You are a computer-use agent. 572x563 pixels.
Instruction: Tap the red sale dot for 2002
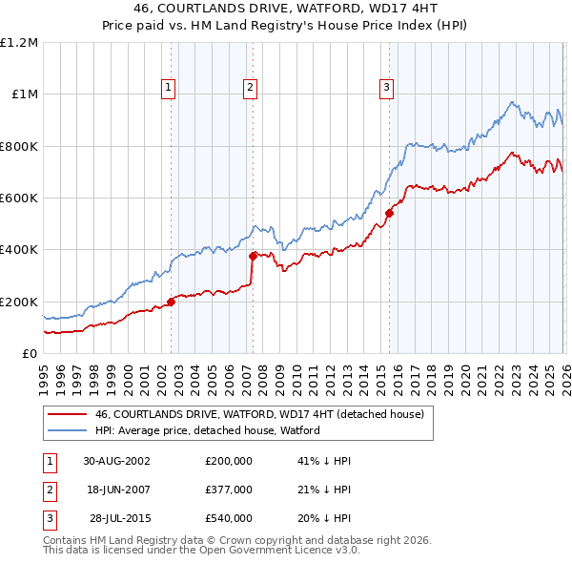(172, 302)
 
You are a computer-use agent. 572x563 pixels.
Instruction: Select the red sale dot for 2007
(253, 256)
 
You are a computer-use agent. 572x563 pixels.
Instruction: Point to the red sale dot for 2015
(389, 214)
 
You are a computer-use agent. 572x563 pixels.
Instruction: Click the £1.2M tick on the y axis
(19, 43)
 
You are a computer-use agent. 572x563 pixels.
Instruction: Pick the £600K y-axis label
(19, 198)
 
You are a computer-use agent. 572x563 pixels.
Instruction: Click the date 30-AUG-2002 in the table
(116, 460)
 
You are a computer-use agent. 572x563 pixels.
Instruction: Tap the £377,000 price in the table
(228, 490)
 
